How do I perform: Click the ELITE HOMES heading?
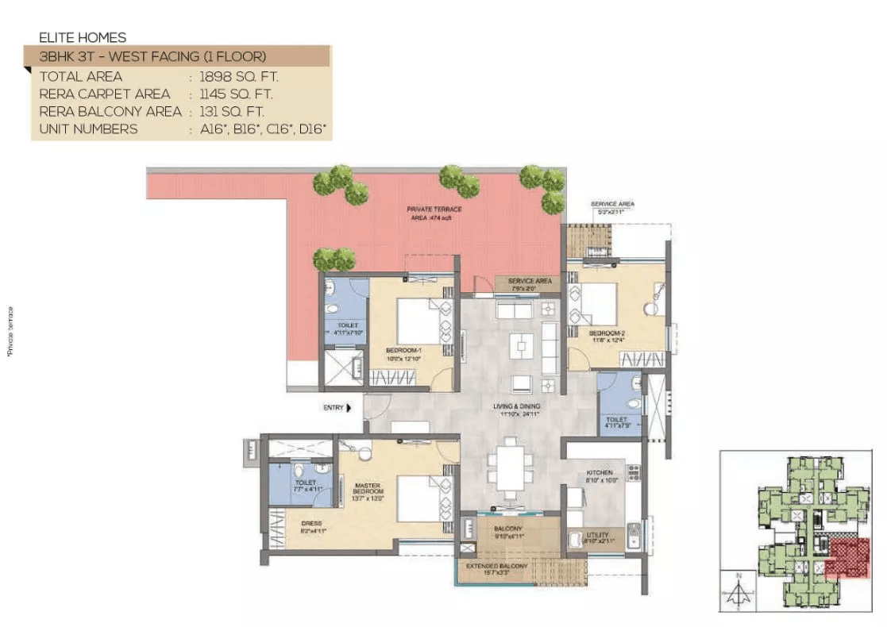click(83, 37)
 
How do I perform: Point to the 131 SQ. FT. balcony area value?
click(233, 112)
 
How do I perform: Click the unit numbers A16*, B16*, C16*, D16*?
click(263, 129)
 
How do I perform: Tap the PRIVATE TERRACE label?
click(434, 210)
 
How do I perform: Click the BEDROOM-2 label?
click(607, 333)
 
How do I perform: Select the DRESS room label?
click(311, 524)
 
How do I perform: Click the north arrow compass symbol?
click(739, 591)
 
